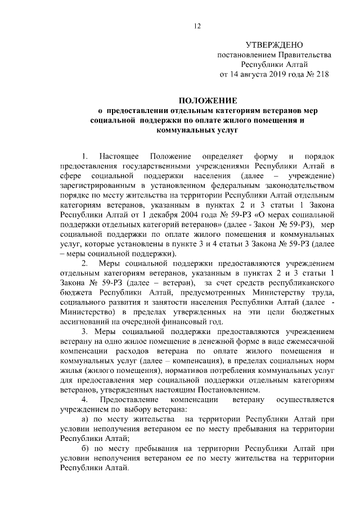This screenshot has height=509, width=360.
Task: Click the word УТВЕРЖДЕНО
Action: [274, 45]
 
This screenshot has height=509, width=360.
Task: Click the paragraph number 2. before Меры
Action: [85, 264]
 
